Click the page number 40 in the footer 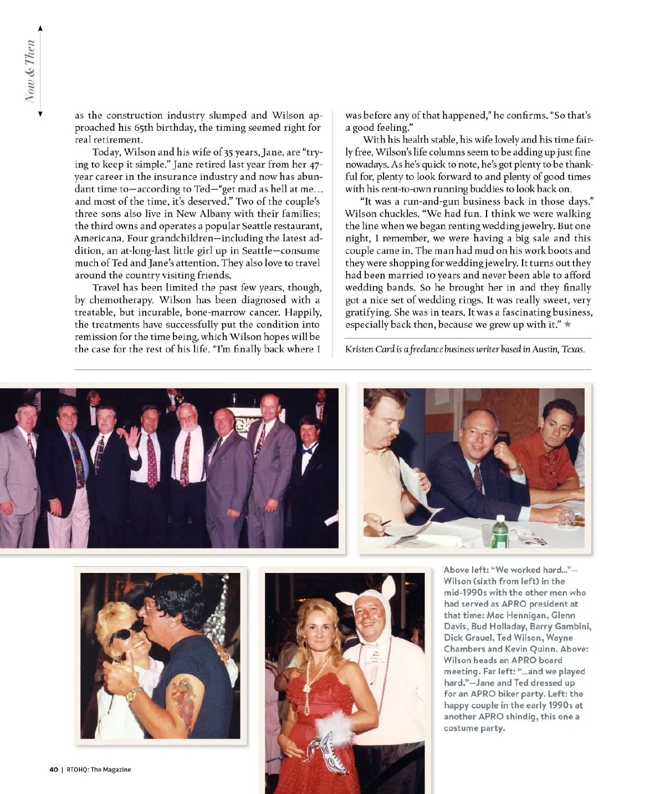[54, 770]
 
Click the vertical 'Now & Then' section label [30, 71]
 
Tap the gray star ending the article [567, 324]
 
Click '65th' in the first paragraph [146, 127]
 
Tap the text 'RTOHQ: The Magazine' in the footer [99, 770]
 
